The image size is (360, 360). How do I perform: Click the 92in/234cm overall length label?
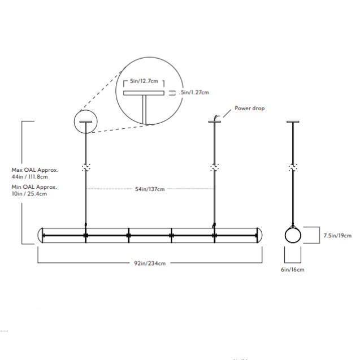[150, 263]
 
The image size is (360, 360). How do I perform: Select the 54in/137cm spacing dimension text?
[150, 189]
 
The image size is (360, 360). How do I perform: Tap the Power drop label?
[249, 108]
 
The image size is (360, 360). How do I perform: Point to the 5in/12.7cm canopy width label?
[144, 81]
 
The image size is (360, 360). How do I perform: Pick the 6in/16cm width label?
[293, 270]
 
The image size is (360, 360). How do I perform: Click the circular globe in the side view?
[293, 236]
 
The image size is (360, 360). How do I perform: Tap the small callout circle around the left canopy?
[86, 122]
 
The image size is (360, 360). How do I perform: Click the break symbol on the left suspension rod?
[86, 168]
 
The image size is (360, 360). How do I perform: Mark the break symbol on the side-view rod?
[293, 168]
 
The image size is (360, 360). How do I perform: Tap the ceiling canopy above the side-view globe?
[293, 121]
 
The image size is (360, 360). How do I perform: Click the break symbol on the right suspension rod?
[214, 168]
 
